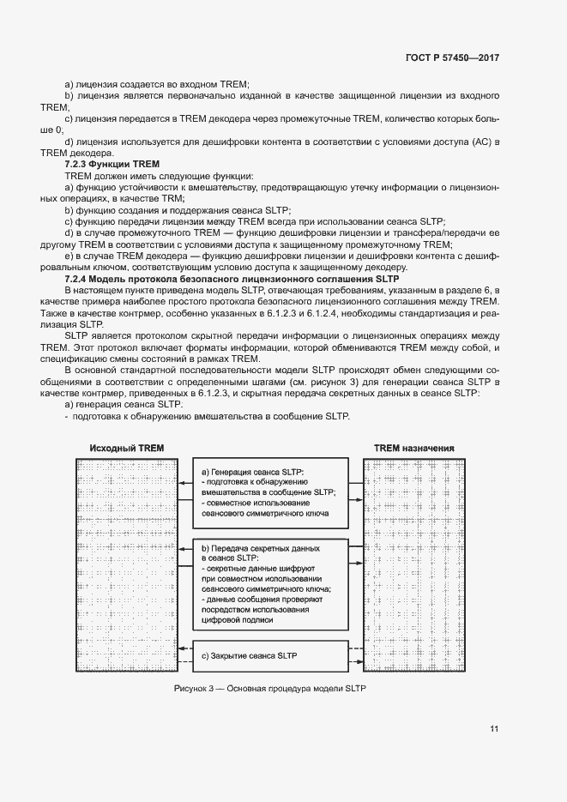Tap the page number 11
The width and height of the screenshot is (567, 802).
pyautogui.click(x=494, y=729)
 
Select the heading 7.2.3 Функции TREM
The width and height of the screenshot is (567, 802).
pyautogui.click(x=107, y=162)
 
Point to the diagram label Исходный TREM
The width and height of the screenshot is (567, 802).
pyautogui.click(x=126, y=449)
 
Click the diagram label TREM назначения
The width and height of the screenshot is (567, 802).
pyautogui.click(x=414, y=449)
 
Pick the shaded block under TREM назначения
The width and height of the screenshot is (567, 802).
pyautogui.click(x=415, y=567)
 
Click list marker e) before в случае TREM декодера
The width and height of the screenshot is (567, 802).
pyautogui.click(x=68, y=256)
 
